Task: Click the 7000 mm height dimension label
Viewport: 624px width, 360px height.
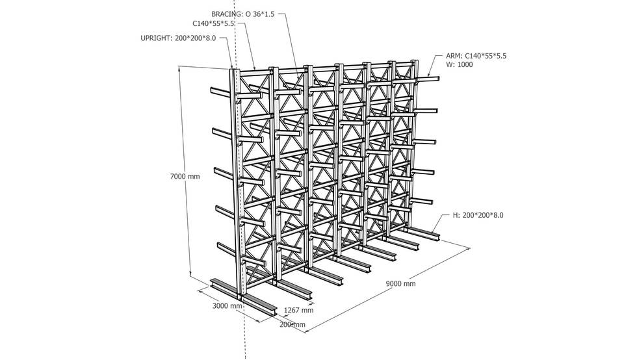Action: coord(184,176)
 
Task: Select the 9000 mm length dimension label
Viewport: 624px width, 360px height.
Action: coord(400,283)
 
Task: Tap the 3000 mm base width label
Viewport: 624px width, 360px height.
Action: coord(227,305)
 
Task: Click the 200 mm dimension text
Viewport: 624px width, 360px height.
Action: coord(292,324)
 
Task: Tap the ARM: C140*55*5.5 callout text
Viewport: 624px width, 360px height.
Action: coord(476,56)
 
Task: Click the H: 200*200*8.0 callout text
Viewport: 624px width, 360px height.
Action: coord(478,215)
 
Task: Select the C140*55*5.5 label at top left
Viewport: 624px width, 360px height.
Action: coord(214,24)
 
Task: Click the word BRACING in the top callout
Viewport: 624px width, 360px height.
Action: coord(227,13)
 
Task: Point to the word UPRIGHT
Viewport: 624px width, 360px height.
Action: coord(156,38)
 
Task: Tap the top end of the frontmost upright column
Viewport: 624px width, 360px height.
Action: coord(234,70)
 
